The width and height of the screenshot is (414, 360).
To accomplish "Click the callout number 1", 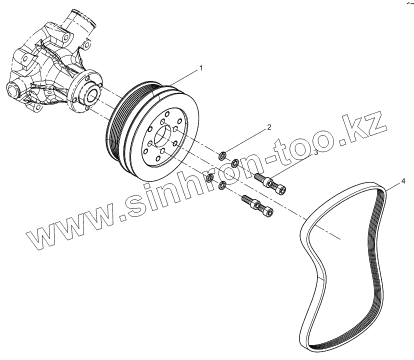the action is (x=201, y=67).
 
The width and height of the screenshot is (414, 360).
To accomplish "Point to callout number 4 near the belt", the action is (x=402, y=179).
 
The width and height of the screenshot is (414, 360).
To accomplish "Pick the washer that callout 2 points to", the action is (x=223, y=153).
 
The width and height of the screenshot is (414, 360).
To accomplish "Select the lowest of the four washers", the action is (x=222, y=186).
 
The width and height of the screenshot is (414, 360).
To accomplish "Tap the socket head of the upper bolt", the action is (x=280, y=188).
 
